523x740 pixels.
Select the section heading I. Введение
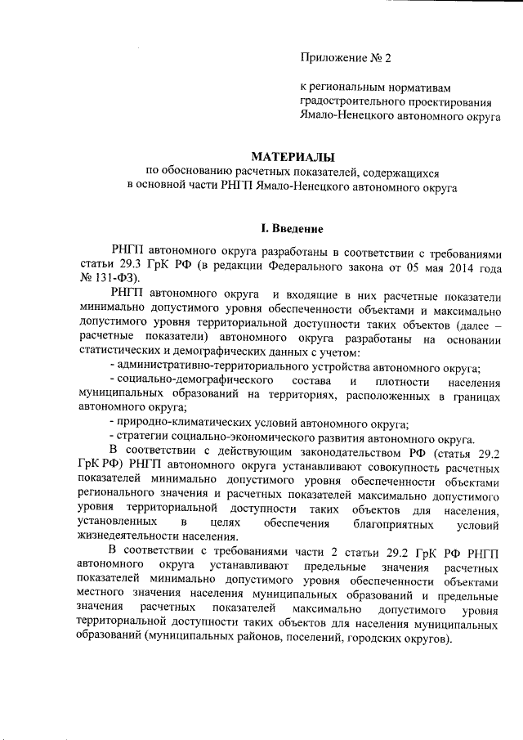coord(292,226)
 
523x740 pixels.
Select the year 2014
coord(440,265)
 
